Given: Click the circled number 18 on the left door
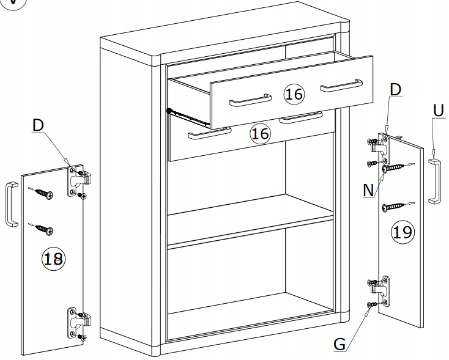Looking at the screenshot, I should [53, 259].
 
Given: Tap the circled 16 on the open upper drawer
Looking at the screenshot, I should [294, 94].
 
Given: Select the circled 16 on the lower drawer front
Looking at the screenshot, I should [261, 133].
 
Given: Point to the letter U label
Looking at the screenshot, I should [437, 111].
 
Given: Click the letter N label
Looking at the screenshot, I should [368, 189].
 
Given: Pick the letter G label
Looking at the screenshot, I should [340, 344].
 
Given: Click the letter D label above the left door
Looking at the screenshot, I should [39, 125].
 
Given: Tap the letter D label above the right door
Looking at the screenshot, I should [395, 89].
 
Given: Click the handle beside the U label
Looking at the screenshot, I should [434, 180].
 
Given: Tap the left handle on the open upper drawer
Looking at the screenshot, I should [250, 99].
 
